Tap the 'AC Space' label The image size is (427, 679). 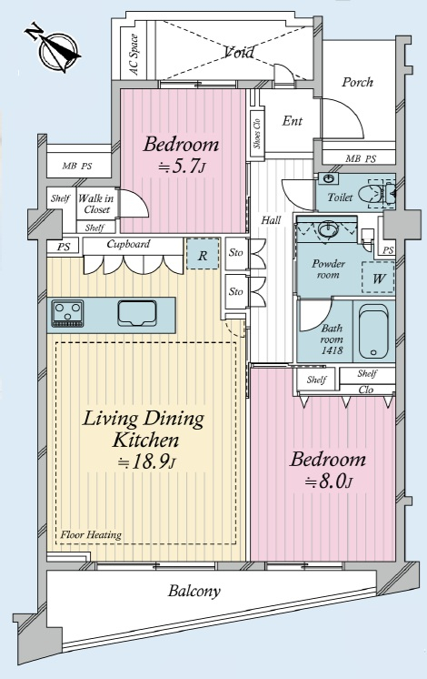[134, 55]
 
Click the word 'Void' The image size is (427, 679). [240, 53]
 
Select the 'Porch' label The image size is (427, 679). [357, 82]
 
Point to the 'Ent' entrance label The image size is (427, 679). [293, 121]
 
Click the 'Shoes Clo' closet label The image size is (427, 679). [257, 134]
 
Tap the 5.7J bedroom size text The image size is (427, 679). [182, 167]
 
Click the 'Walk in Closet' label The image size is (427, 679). [96, 204]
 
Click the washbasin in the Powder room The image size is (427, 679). [329, 228]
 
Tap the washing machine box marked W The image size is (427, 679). [378, 278]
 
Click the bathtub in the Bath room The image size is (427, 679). [373, 331]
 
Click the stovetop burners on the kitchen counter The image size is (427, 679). [68, 313]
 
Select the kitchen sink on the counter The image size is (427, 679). [136, 313]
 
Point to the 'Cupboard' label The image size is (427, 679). [128, 244]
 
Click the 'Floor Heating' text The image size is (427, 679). [91, 535]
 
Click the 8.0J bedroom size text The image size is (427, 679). [329, 481]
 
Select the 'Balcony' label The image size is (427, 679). [194, 591]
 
